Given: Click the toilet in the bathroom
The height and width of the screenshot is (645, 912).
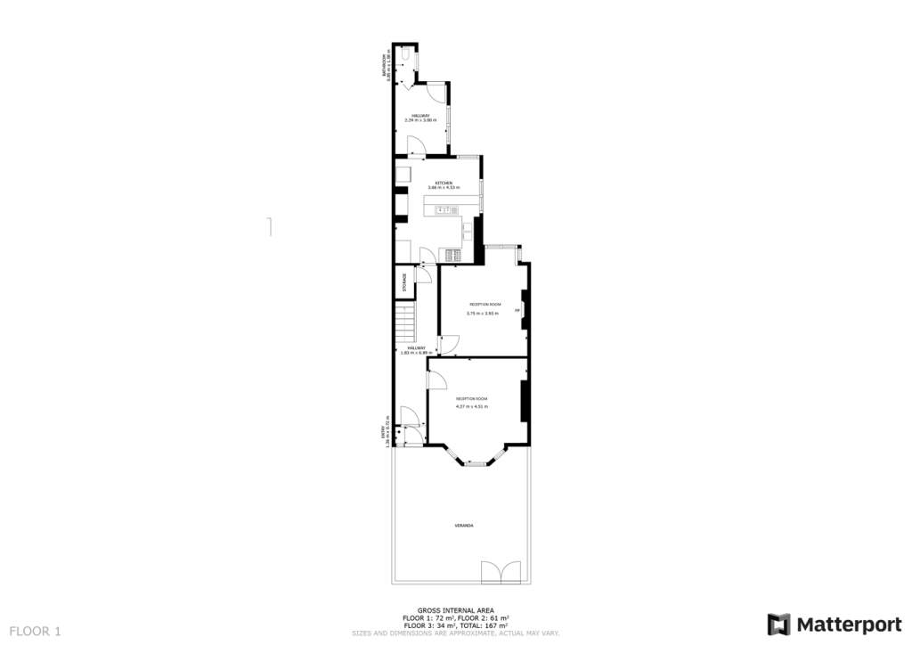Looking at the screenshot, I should (405, 57).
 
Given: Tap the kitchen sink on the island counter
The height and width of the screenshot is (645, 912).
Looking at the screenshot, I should (444, 210).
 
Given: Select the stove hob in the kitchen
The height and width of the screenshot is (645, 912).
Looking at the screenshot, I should (450, 257).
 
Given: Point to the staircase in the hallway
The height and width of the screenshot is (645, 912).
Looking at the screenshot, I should (406, 321).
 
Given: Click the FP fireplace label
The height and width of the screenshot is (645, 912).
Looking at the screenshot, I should (517, 310).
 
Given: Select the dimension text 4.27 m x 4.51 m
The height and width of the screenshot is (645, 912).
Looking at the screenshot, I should (472, 407).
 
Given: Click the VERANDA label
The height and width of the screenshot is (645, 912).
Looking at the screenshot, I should (464, 526).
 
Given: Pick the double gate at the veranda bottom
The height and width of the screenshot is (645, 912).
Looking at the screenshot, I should (500, 572).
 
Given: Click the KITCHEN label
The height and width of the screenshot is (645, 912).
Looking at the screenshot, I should (444, 183).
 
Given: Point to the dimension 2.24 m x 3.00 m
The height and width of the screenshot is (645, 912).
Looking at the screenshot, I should (420, 120).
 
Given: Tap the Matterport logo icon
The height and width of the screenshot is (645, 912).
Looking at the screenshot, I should (779, 624).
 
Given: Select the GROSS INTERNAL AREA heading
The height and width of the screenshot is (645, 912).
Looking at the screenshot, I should (455, 611).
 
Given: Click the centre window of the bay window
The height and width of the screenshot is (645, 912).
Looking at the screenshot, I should (477, 463).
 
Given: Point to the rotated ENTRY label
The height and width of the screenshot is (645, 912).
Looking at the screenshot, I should (384, 432).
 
